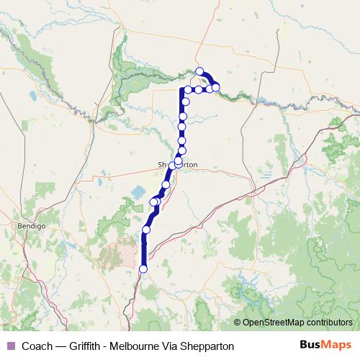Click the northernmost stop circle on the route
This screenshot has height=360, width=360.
pos(200,71)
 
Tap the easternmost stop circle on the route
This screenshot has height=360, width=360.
pos(215,88)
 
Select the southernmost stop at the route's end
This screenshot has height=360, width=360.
pos(143,269)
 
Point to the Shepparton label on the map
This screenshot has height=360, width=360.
pos(178,164)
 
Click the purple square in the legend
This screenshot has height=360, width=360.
pos(9,346)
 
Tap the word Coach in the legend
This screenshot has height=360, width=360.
pos(37,346)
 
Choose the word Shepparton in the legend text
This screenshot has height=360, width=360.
pos(210,346)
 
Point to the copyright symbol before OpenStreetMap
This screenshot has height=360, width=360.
pos(238,323)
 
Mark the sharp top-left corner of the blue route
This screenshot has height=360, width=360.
pos(181,90)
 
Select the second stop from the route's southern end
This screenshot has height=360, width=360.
pos(146,230)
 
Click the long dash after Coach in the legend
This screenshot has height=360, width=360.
pos(60,346)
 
